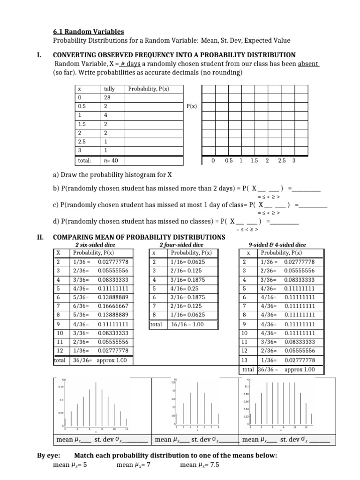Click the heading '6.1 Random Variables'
[88, 31]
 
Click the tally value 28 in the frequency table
[107, 97]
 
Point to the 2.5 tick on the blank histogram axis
[281, 160]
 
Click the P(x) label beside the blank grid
[191, 106]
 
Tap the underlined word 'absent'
[308, 64]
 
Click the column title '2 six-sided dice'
[95, 245]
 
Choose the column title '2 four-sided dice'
[181, 245]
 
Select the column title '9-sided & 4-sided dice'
[277, 245]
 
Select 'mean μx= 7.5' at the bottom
[199, 465]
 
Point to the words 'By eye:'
[47, 456]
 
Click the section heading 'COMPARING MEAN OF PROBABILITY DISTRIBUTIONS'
[140, 237]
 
